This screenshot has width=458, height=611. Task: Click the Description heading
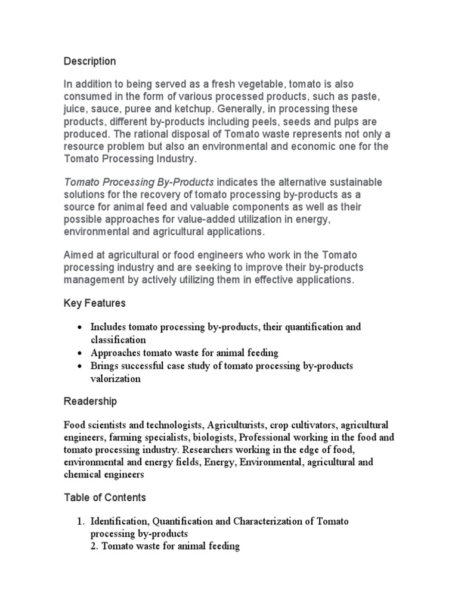(89, 61)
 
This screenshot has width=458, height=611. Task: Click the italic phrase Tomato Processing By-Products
(138, 181)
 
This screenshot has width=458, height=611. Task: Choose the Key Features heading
(94, 303)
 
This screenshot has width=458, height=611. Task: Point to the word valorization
(116, 378)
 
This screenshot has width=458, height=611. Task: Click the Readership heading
(90, 401)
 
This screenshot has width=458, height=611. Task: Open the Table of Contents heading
(104, 497)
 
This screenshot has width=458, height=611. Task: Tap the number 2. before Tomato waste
(95, 546)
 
